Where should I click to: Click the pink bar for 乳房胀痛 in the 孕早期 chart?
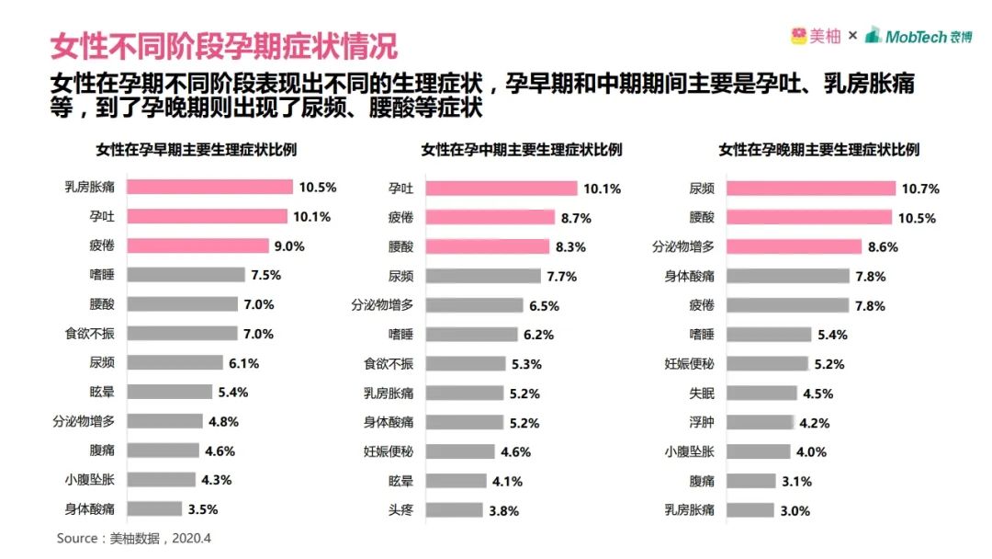[209, 187]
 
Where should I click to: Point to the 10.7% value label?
[920, 188]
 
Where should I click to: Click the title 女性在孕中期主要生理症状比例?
[522, 149]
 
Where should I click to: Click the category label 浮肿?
[702, 423]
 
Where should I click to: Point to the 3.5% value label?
[203, 509]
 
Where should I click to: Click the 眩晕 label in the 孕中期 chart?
[400, 481]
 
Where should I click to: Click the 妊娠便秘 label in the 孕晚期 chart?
[689, 364]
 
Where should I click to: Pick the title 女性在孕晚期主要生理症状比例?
[819, 149]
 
